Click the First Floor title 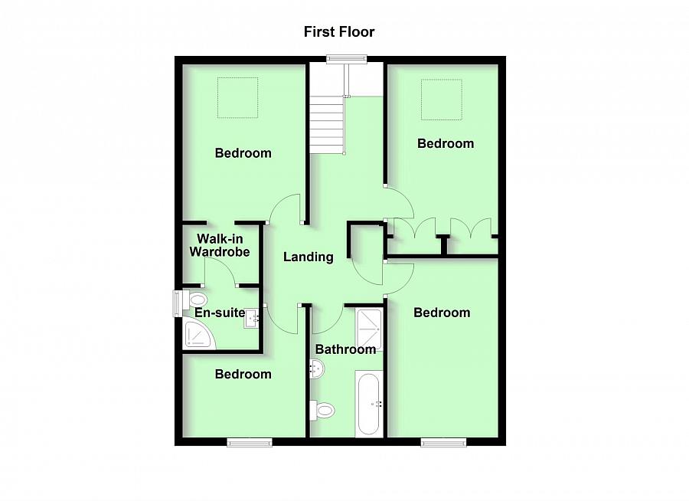pyautogui.click(x=339, y=32)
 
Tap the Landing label pyautogui.click(x=308, y=257)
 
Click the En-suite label pyautogui.click(x=219, y=313)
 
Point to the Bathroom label pyautogui.click(x=346, y=349)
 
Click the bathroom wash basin pyautogui.click(x=317, y=370)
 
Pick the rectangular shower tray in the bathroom pyautogui.click(x=369, y=330)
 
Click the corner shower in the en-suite pyautogui.click(x=198, y=336)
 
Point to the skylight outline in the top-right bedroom pyautogui.click(x=442, y=100)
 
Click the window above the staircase pyautogui.click(x=346, y=59)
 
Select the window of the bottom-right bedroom pyautogui.click(x=444, y=442)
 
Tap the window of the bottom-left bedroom pyautogui.click(x=250, y=442)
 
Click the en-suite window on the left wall pyautogui.click(x=177, y=302)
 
